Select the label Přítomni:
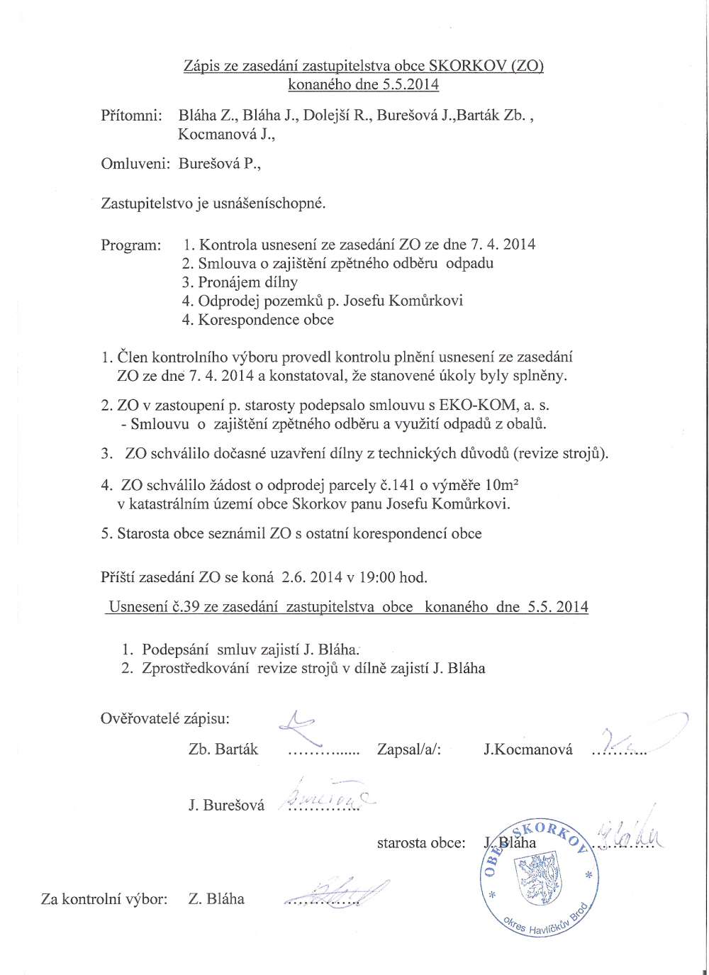(x=132, y=115)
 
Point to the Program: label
(x=131, y=245)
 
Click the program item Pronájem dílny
(x=240, y=282)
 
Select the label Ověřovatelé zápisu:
(x=165, y=718)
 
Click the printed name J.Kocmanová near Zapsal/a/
(x=528, y=749)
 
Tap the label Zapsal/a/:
(x=409, y=749)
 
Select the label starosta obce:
(x=421, y=843)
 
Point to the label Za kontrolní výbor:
(x=104, y=899)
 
